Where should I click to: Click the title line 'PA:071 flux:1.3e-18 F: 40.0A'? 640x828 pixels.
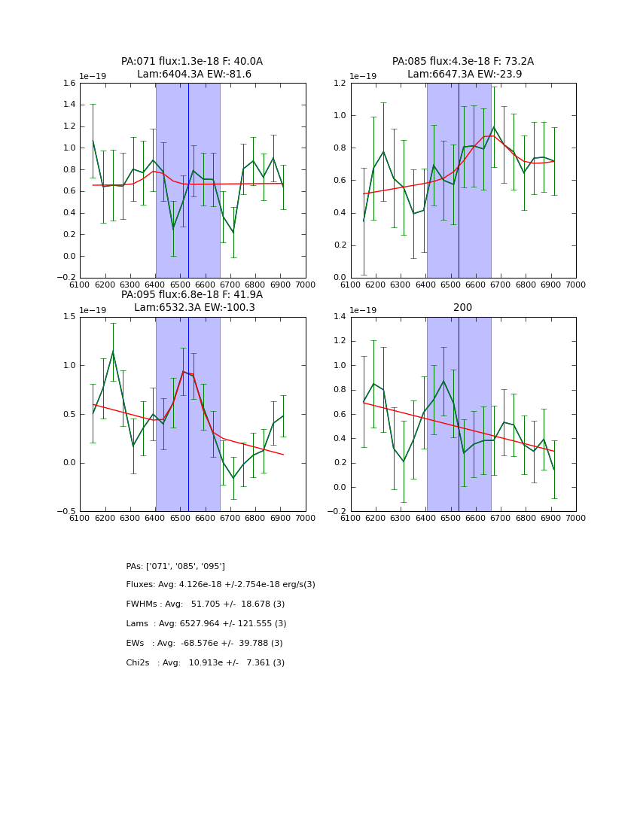tap(192, 62)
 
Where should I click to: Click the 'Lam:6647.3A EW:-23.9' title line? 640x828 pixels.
tap(464, 75)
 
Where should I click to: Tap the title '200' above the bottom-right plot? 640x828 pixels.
tap(463, 308)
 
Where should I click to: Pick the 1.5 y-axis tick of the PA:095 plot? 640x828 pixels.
tap(69, 317)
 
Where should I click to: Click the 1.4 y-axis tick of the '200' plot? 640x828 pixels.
tap(340, 317)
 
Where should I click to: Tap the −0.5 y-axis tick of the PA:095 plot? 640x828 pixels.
tap(66, 511)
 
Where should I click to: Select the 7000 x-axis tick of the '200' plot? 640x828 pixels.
tap(576, 518)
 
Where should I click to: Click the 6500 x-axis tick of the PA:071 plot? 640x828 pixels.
tap(180, 285)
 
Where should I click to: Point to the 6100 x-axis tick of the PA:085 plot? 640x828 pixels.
tap(351, 285)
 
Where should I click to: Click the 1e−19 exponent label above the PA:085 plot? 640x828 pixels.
tap(363, 76)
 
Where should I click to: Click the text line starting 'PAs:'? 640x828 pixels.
tap(175, 566)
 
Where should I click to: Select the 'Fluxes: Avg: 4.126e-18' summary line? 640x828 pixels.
tap(221, 585)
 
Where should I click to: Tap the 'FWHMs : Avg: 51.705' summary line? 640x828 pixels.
tap(206, 604)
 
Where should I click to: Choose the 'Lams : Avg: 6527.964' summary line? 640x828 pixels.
tap(206, 624)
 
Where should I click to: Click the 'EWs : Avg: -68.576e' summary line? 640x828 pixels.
tap(204, 644)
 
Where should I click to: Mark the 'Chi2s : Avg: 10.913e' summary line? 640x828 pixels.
tap(206, 663)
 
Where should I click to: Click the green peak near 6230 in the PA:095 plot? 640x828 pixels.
tap(113, 352)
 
